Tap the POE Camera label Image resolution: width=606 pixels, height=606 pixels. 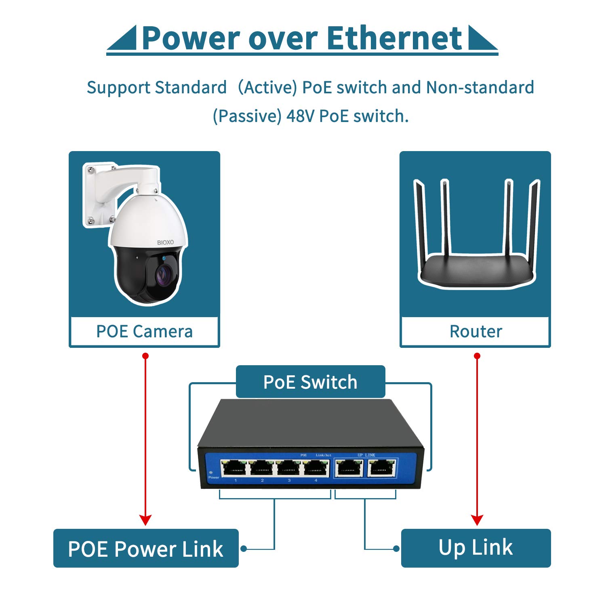144,332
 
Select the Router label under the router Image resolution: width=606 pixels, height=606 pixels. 476,332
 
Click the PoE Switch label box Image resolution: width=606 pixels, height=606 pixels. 310,382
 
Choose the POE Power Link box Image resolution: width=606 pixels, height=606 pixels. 146,548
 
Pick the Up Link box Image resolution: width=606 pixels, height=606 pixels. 476,548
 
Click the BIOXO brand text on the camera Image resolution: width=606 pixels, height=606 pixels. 165,242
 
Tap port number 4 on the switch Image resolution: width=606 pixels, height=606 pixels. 316,469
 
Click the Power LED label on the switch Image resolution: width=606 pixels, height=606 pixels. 213,478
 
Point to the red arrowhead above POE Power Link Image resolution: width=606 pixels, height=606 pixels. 145,520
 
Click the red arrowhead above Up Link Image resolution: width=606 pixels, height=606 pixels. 477,520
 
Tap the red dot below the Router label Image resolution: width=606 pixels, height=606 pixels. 477,356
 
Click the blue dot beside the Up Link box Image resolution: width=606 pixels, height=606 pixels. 396,549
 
